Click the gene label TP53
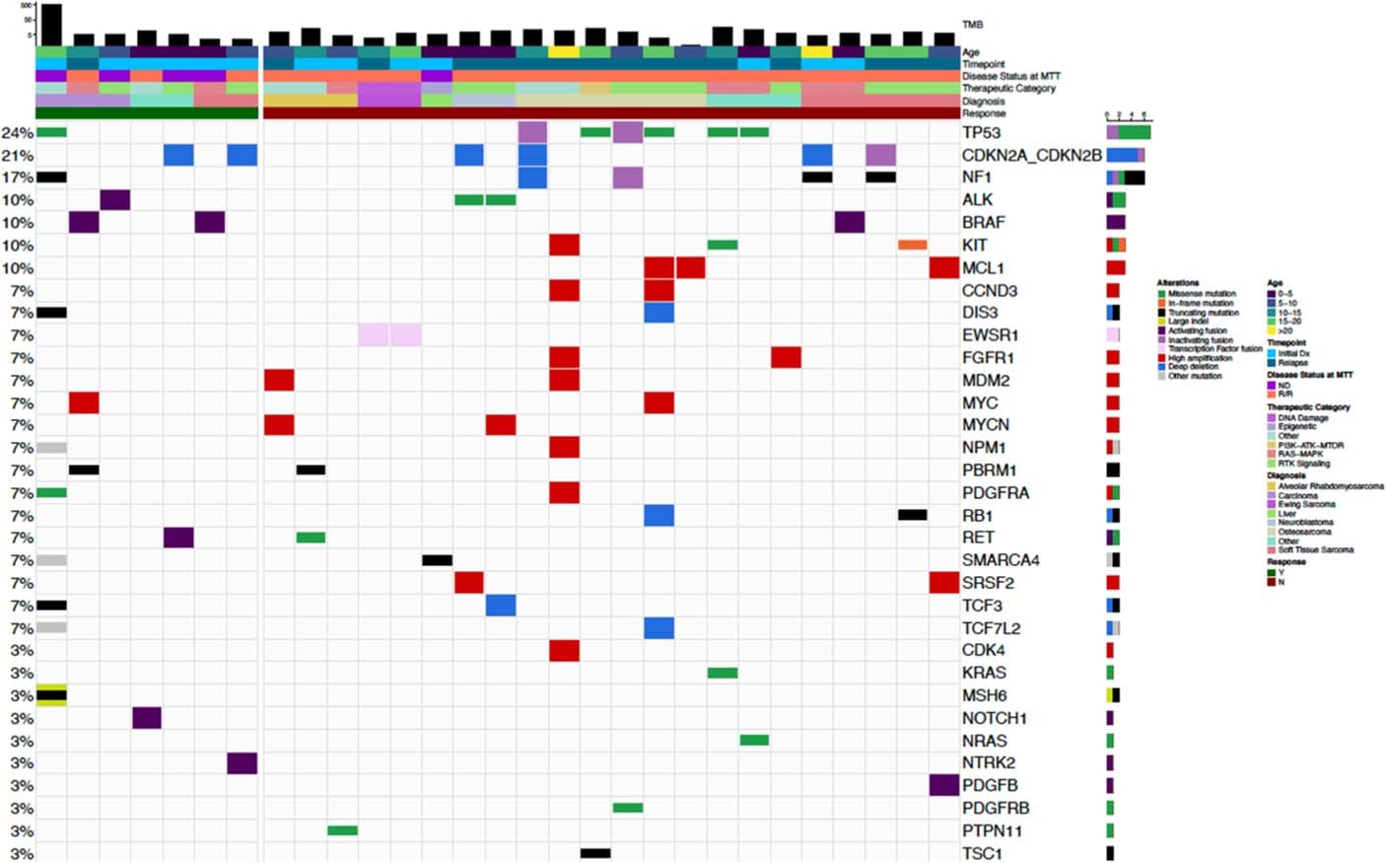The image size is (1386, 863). coord(981,132)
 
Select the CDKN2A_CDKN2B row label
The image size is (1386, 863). coord(1031,155)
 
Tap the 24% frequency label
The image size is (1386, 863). coord(17,133)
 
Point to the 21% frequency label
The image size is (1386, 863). coord(17,156)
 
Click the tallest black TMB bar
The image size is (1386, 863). coord(51,25)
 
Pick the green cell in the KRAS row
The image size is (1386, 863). coord(723,673)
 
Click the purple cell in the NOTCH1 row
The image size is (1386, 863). coord(147,718)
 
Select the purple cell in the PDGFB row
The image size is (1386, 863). coord(943,785)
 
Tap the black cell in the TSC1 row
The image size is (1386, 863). coord(595,853)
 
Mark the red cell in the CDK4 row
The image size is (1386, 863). coord(564,651)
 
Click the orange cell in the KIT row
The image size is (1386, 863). coord(912,245)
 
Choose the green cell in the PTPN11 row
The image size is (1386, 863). coord(342,830)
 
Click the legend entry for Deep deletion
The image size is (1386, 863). coord(1194,367)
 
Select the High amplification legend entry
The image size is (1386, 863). coord(1199,358)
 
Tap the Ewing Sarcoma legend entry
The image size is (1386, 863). coord(1306,504)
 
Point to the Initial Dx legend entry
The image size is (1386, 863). coord(1293,353)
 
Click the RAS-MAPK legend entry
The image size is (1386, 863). coord(1300,454)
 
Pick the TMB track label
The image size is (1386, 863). coord(972,25)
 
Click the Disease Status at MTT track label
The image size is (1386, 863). coord(1010,76)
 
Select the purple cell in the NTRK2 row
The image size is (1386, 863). coord(242,763)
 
